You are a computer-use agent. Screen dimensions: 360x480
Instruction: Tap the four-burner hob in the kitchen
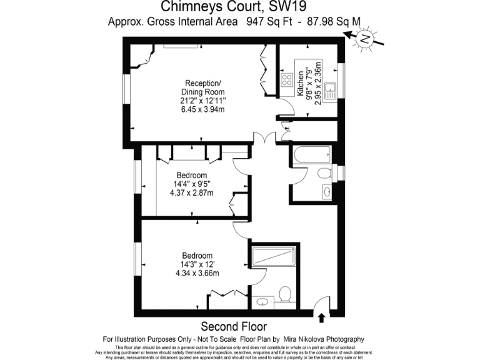pyautogui.click(x=288, y=80)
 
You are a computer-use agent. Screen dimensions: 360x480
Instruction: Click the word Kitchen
pyautogui.click(x=301, y=83)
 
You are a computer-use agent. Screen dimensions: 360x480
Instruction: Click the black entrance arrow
pyautogui.click(x=321, y=317)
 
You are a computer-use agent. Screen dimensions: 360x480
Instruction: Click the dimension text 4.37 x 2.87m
pyautogui.click(x=191, y=192)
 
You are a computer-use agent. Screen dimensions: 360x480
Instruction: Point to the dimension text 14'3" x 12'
pyautogui.click(x=197, y=264)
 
